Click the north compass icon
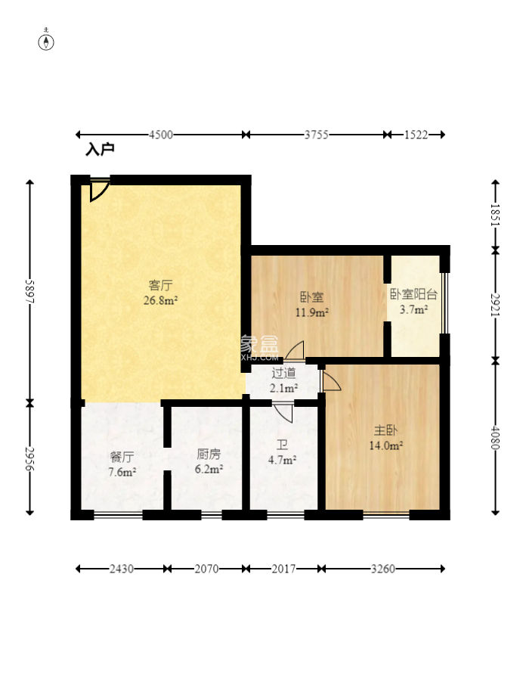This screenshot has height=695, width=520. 46,40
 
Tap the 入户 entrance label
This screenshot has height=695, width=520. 100,150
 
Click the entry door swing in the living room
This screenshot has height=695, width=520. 99,190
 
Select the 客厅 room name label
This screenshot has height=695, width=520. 160,284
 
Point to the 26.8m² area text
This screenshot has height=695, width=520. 160,300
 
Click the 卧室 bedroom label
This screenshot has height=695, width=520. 312,296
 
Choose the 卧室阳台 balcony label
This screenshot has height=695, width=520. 413,294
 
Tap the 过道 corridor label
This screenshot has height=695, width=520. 283,373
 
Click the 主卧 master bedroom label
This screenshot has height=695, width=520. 385,430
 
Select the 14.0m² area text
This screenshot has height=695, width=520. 385,445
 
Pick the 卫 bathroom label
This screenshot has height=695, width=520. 282,445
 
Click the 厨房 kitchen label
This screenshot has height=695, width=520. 209,454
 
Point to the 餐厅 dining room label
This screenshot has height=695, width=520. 122,457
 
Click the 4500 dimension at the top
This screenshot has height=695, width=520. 160,135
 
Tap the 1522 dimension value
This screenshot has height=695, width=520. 416,135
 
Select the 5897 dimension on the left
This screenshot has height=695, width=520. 29,291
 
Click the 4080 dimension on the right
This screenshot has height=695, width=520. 496,437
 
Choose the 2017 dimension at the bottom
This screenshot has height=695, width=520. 283,569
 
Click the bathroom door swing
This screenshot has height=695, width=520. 283,413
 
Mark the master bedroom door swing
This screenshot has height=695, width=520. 330,380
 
